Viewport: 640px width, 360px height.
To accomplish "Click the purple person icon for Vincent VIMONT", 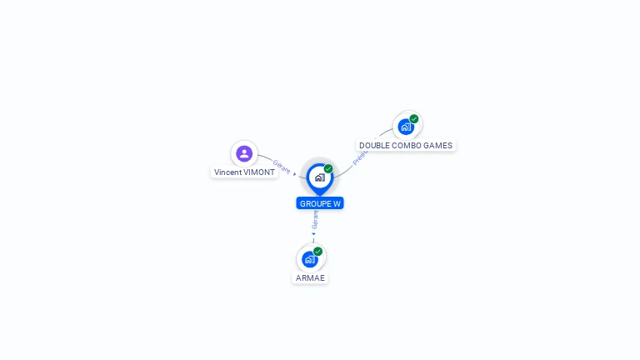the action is tap(244, 153).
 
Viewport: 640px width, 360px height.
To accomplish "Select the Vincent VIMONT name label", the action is tap(244, 172).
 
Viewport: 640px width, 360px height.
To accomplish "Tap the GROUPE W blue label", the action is tap(320, 203).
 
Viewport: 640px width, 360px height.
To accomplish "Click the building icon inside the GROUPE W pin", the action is tap(319, 177).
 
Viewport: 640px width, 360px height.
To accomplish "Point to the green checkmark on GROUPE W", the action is tap(328, 169).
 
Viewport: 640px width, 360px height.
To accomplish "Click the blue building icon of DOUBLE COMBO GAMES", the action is tap(406, 127).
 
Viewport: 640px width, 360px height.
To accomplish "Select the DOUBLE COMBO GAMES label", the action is tap(406, 145).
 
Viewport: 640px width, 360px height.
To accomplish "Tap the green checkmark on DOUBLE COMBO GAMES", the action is tap(414, 118).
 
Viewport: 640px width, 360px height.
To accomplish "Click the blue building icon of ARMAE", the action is tap(310, 259).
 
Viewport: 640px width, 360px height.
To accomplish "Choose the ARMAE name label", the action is tap(310, 277).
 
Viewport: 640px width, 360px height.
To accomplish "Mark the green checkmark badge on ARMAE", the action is tap(318, 251).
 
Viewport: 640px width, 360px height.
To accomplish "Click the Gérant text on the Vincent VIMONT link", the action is tap(282, 167).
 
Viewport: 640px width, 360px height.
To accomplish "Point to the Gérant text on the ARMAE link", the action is tap(315, 219).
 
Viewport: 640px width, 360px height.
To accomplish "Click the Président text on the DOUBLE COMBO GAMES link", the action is tap(361, 156).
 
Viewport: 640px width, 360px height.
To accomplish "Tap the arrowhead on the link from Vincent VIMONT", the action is tap(295, 174).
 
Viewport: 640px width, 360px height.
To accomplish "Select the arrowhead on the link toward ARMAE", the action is tap(314, 234).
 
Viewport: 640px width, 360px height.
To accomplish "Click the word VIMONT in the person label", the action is tap(259, 172).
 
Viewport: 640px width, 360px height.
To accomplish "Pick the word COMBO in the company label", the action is tap(407, 145).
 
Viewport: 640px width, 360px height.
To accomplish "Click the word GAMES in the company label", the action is tap(438, 145).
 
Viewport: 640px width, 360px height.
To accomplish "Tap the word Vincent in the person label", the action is tap(227, 172).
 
